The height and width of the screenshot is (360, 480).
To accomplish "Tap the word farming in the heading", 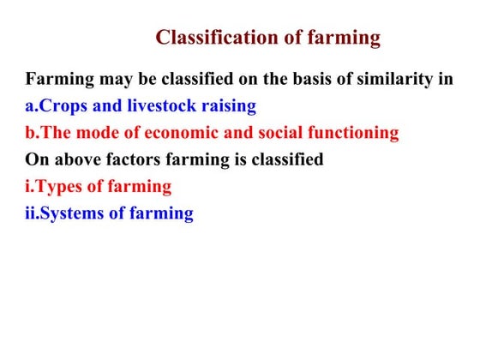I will point(339,38).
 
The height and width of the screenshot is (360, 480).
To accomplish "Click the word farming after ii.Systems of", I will point(162,213).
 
